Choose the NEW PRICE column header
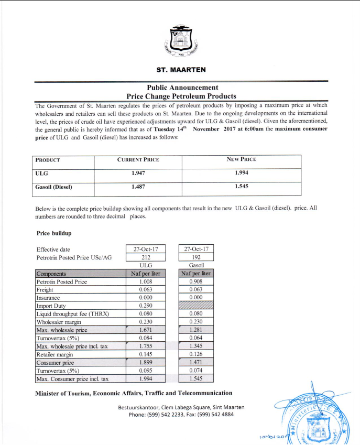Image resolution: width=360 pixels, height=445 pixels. [241, 159]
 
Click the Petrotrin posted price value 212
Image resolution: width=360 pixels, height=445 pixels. [146, 257]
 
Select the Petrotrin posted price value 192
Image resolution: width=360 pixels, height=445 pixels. [197, 257]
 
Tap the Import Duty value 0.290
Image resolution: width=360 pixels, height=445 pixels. [146, 306]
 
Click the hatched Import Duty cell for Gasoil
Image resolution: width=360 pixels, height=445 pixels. [197, 306]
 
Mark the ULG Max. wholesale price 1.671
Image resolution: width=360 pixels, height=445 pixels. [146, 330]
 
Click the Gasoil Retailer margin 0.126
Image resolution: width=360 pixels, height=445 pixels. [197, 354]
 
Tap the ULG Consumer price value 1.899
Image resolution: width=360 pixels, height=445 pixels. [146, 362]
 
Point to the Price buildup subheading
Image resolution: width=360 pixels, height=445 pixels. [54, 232]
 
